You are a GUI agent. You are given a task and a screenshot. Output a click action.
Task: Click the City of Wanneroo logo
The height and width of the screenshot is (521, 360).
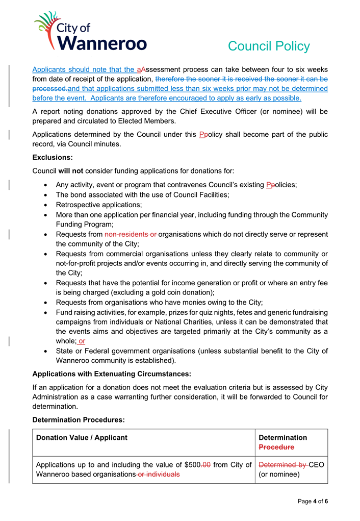pyautogui.click(x=90, y=32)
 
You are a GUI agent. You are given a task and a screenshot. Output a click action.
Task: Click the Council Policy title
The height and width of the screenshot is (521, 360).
pyautogui.click(x=268, y=46)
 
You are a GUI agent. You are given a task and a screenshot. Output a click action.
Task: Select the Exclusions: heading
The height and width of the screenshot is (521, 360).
pyautogui.click(x=53, y=158)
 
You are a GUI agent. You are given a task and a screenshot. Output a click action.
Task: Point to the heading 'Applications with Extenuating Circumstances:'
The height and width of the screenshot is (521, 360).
pyautogui.click(x=112, y=374)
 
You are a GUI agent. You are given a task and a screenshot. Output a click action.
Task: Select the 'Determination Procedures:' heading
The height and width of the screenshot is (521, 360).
pyautogui.click(x=79, y=419)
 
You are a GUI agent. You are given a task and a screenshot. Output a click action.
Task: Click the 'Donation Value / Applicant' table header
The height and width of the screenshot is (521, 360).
pyautogui.click(x=82, y=437)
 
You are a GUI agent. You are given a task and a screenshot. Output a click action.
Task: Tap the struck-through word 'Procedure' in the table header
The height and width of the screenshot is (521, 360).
pyautogui.click(x=276, y=447)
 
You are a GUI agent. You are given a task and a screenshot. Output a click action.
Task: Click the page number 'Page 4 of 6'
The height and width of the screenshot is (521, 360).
pyautogui.click(x=313, y=502)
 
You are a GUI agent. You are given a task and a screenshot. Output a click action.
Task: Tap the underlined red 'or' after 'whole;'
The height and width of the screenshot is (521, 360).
pyautogui.click(x=82, y=341)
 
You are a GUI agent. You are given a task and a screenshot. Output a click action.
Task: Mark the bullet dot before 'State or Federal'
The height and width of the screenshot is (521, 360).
pyautogui.click(x=47, y=351)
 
